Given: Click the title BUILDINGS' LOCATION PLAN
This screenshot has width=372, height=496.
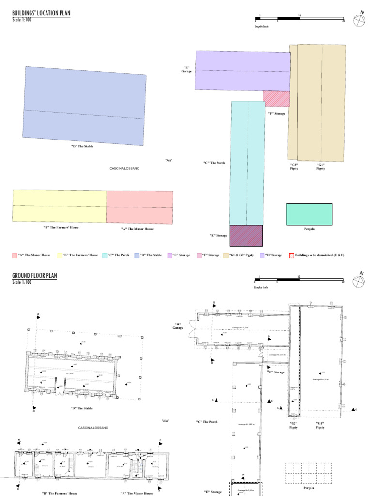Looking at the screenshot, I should tap(41, 14).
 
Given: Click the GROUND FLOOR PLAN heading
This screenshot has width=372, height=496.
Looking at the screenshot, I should tap(34, 276).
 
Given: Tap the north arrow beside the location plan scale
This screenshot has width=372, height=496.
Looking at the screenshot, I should tap(359, 20).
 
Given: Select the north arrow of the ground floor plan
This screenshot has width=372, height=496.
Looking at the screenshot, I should tap(359, 280).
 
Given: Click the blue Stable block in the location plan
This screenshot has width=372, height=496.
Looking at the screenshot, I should tap(85, 106).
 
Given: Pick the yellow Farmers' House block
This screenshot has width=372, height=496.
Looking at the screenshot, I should tap(59, 206).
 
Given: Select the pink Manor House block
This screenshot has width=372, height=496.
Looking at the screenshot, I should tap(139, 207).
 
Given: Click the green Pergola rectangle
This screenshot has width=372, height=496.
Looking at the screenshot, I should tap(309, 215).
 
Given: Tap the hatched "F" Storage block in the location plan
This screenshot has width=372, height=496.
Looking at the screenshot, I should tap(276, 98).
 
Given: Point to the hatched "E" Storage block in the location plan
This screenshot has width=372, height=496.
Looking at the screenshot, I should tap(246, 235).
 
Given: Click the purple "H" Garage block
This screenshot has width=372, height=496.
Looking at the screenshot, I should tap(242, 71).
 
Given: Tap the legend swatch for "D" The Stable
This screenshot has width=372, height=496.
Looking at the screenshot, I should tap(137, 255).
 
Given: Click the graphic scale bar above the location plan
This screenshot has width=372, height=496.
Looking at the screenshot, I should tap(299, 20).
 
